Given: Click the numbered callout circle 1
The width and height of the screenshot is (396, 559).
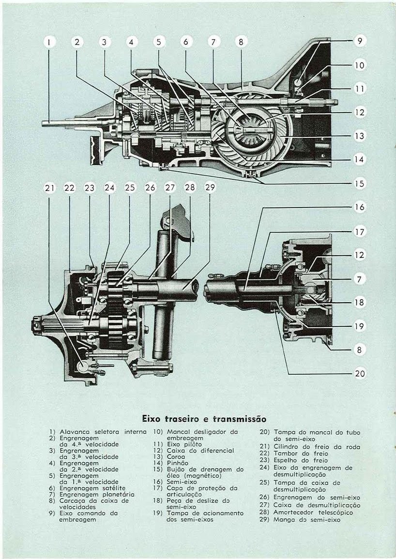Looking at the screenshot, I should tap(49, 42).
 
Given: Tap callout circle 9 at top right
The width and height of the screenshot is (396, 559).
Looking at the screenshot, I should tap(359, 42).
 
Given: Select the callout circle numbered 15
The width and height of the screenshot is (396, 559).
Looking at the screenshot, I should tap(359, 184).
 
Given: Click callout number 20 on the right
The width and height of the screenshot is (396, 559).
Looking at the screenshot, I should tap(359, 373).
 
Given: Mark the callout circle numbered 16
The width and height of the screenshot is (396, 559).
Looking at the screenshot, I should tap(359, 207).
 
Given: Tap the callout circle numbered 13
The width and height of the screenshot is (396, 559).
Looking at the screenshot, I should tap(359, 136).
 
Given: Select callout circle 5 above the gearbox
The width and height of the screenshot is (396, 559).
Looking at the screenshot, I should tap(158, 42).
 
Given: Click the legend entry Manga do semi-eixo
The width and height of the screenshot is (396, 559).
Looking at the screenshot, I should tap(307, 520).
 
